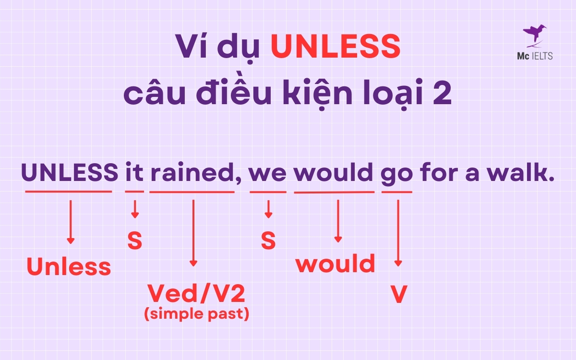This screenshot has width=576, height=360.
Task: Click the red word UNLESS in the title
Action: (x=336, y=47)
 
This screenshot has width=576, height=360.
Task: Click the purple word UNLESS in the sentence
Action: (x=70, y=172)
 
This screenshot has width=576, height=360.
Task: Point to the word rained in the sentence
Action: (x=192, y=172)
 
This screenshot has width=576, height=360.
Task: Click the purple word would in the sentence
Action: (x=334, y=172)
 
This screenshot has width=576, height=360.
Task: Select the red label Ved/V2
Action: (x=199, y=293)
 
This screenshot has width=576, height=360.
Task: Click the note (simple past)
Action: (x=197, y=315)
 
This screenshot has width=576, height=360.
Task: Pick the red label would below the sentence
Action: (x=335, y=264)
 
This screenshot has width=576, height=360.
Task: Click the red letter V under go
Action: (x=398, y=295)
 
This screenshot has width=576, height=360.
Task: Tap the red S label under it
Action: (x=134, y=241)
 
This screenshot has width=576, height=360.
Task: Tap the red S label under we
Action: (x=268, y=241)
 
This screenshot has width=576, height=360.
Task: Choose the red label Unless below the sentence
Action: (x=69, y=267)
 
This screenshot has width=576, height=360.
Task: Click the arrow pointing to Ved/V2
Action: (x=193, y=233)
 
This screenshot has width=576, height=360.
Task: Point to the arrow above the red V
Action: (x=398, y=233)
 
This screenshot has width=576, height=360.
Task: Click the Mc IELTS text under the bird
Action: (x=538, y=56)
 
